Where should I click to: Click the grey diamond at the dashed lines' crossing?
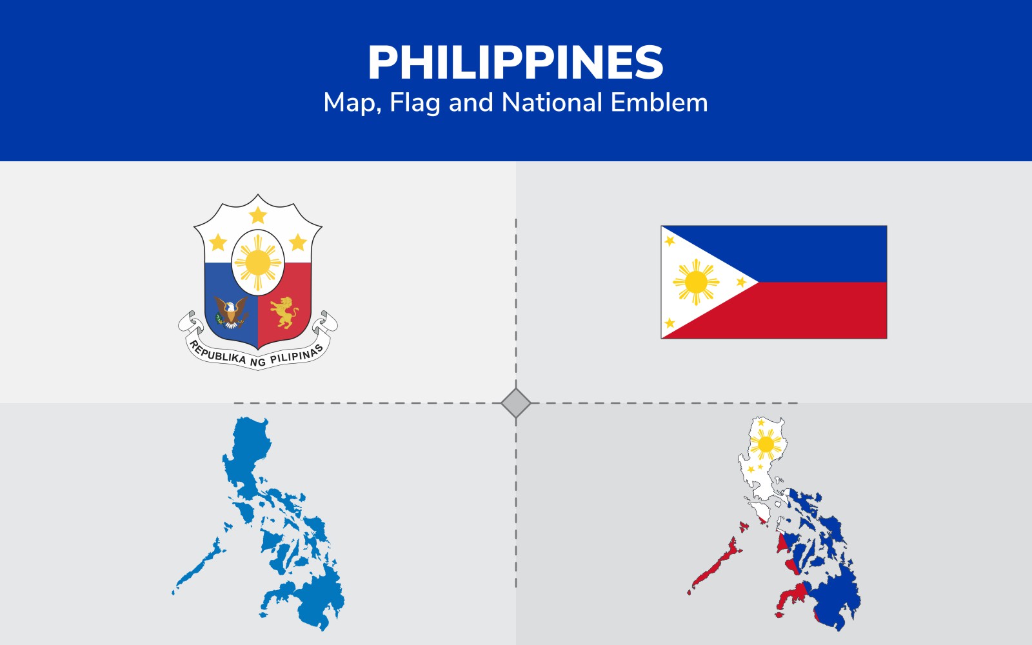click(x=515, y=403)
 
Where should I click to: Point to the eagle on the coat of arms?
click(x=231, y=312)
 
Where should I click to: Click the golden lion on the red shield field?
click(x=284, y=312)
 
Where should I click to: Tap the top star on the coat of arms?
click(x=258, y=215)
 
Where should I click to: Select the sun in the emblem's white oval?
click(x=258, y=263)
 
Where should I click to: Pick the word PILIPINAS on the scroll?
click(x=297, y=355)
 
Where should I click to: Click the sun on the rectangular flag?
click(x=696, y=282)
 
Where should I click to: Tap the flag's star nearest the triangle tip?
click(x=741, y=282)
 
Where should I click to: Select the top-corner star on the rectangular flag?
click(x=670, y=241)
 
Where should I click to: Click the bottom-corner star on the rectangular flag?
click(x=670, y=323)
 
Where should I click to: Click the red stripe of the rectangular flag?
click(x=811, y=311)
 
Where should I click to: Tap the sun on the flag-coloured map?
click(x=766, y=444)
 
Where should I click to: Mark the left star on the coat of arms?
click(x=218, y=243)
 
